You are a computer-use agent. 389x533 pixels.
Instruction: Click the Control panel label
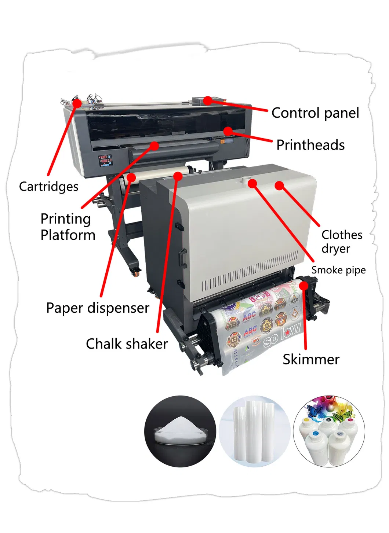pyautogui.click(x=315, y=113)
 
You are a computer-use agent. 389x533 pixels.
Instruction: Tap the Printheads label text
pyautogui.click(x=310, y=145)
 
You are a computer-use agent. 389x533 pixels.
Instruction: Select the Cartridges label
pyautogui.click(x=49, y=187)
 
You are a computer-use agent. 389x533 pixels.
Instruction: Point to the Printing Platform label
pyautogui.click(x=68, y=227)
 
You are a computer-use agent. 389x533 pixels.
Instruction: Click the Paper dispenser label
pyautogui.click(x=98, y=308)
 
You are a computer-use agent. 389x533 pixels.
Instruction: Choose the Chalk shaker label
pyautogui.click(x=127, y=344)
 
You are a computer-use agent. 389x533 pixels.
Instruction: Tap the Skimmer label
pyautogui.click(x=311, y=359)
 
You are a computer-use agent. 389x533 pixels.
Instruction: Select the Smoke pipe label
pyautogui.click(x=338, y=270)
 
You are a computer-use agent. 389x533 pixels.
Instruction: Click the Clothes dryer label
pyautogui.click(x=342, y=242)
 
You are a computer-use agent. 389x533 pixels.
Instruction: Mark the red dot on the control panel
pyautogui.click(x=208, y=100)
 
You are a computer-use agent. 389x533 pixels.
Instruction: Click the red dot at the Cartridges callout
pyautogui.click(x=77, y=103)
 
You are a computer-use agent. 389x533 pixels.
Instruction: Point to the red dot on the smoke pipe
pyautogui.click(x=252, y=183)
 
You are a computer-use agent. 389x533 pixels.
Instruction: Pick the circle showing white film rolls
pyautogui.click(x=255, y=431)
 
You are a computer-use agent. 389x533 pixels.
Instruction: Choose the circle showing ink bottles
pyautogui.click(x=329, y=431)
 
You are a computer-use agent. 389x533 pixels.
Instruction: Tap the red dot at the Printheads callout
pyautogui.click(x=228, y=131)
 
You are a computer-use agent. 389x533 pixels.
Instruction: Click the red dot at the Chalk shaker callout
pyautogui.click(x=178, y=177)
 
